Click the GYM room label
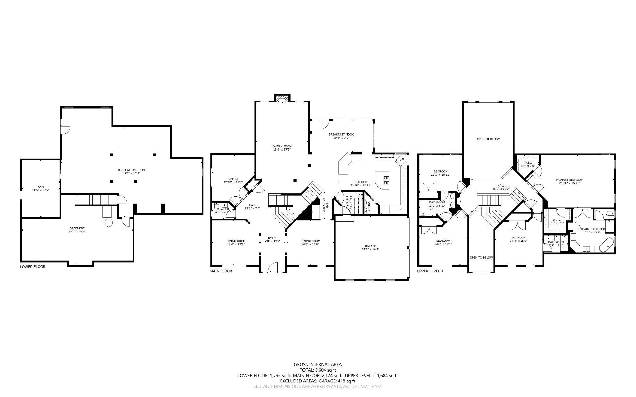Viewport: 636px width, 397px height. [x=41, y=187]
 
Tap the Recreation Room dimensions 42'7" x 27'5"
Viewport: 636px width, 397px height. [x=131, y=174]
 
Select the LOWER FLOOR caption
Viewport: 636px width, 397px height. [x=33, y=267]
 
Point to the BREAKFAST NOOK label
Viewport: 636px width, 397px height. [x=341, y=134]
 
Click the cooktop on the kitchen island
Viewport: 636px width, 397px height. [x=386, y=180]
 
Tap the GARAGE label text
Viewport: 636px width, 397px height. [x=370, y=246]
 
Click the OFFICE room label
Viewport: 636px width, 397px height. [x=233, y=179]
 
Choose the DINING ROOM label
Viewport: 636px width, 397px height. [x=310, y=241]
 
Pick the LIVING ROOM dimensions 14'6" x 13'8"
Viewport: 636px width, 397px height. [x=236, y=244]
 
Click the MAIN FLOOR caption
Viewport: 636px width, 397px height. [x=221, y=271]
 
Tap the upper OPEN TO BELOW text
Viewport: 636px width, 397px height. [x=488, y=139]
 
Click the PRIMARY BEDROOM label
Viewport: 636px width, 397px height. [x=569, y=180]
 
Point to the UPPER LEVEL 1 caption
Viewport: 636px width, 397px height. [x=430, y=271]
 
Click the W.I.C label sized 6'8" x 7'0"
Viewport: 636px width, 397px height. [x=528, y=163]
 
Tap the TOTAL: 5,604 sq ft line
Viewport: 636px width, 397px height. [x=318, y=370]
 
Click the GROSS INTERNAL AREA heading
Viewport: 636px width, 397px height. [x=318, y=364]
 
